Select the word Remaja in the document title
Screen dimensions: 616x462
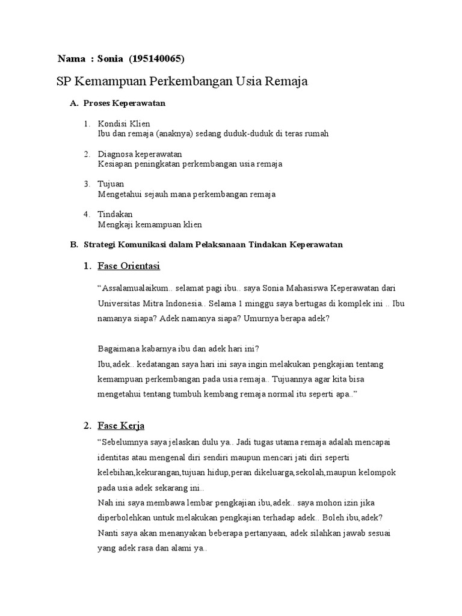(286, 82)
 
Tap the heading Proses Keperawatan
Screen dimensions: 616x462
(124, 103)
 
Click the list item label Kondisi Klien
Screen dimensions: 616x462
(124, 124)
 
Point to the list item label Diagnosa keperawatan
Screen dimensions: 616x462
(140, 154)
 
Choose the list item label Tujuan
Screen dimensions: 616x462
(111, 184)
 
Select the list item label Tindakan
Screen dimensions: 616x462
(115, 214)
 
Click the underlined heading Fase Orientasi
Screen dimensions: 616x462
(129, 266)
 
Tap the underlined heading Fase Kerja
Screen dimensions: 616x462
(121, 426)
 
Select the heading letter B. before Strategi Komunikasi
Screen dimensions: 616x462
(74, 245)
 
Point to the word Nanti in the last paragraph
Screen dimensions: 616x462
(108, 533)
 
